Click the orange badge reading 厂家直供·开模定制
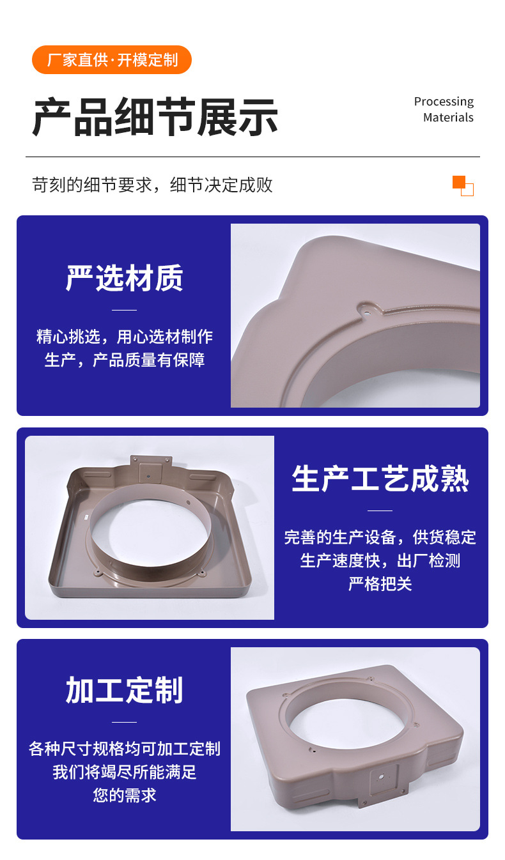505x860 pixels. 111,60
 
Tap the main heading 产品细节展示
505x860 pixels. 155,117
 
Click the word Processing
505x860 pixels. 444,102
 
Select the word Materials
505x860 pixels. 448,117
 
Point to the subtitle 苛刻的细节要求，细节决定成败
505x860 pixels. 153,185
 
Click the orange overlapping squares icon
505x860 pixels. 463,186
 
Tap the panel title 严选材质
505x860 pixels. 124,278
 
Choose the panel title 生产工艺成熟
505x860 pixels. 380,479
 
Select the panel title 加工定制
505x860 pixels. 124,690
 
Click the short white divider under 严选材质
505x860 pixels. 124,310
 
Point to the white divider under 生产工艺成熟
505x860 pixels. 380,511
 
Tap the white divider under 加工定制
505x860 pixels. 124,722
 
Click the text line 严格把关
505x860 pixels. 380,584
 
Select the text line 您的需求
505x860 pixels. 125,795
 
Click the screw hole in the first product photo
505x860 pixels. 367,312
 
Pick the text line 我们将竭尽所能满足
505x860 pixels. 125,772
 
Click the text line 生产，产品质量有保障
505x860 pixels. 125,360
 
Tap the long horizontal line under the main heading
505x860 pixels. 252,157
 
